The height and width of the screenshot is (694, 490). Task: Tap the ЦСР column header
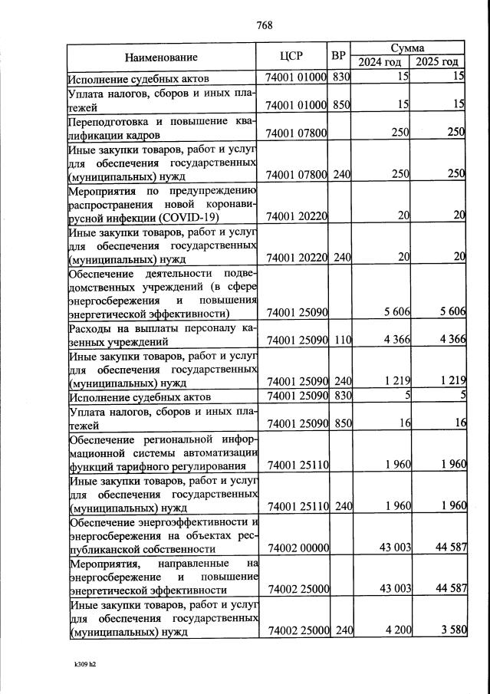[292, 56]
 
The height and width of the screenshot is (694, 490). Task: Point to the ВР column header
[338, 56]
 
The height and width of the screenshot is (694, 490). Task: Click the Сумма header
[407, 47]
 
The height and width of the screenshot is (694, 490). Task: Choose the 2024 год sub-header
[379, 62]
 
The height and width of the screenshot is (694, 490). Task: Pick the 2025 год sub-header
[436, 62]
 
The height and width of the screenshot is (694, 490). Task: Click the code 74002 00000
[297, 549]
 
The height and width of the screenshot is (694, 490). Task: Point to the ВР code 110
[341, 340]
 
